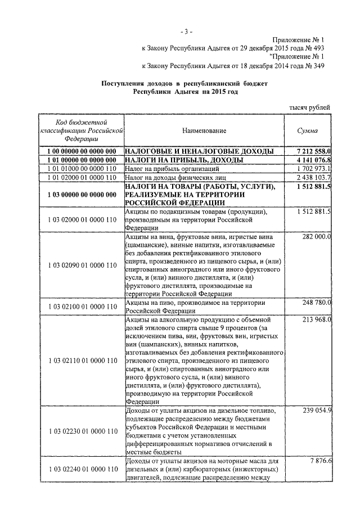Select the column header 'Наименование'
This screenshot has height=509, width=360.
click(204, 131)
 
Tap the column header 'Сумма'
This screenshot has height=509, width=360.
click(307, 131)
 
